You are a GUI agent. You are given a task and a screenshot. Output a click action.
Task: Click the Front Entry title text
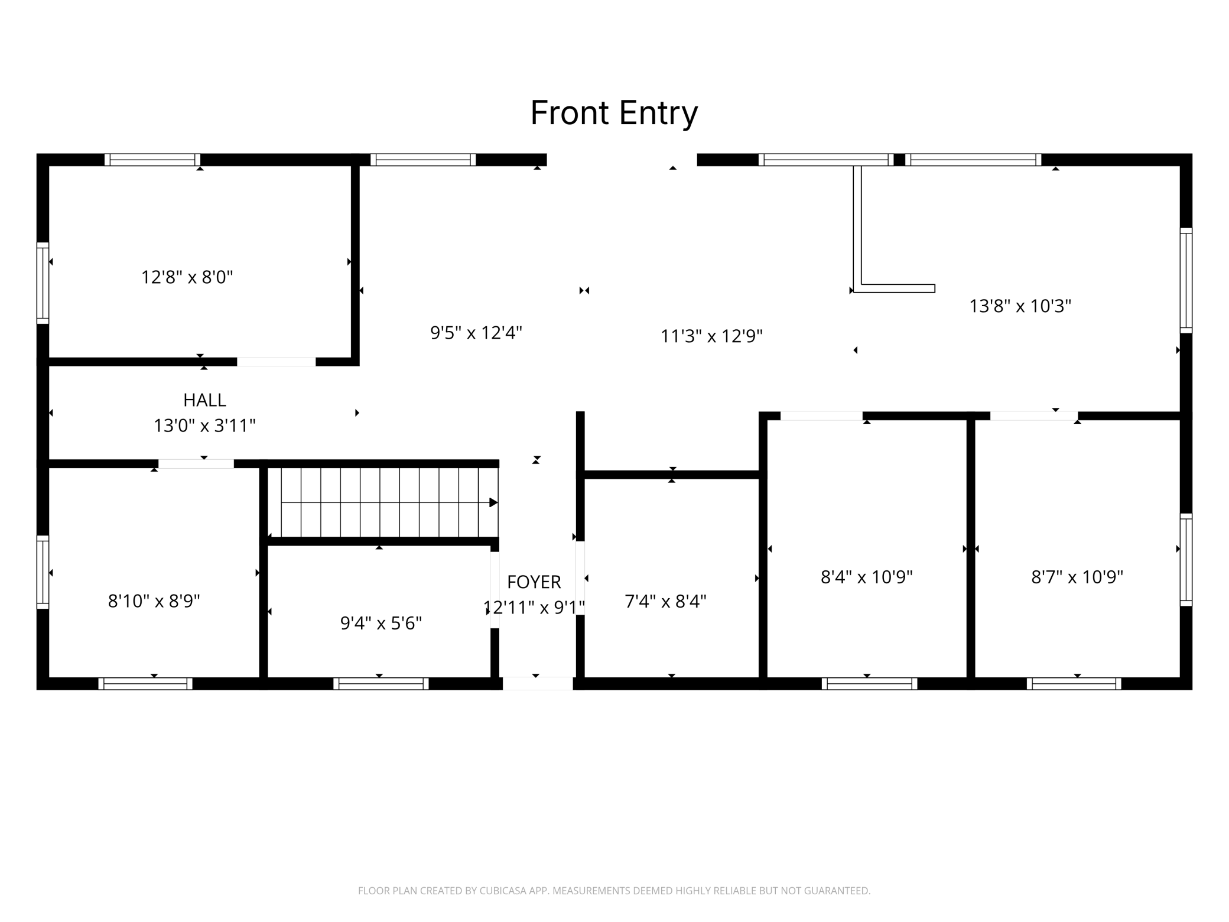point(614,113)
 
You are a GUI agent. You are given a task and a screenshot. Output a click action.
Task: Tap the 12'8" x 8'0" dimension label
point(187,277)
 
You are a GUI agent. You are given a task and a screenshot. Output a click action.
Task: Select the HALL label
point(204,400)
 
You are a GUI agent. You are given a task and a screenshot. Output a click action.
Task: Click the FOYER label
point(534,582)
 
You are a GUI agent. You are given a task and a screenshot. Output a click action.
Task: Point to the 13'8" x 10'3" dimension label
point(1020,306)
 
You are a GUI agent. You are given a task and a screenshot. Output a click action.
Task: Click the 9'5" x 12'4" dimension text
point(476,333)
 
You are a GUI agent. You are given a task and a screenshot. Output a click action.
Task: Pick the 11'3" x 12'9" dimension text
point(711,336)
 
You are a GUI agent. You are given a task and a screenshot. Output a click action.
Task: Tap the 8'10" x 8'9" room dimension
point(154,601)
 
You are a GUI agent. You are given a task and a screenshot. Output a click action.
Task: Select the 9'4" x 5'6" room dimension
point(381,623)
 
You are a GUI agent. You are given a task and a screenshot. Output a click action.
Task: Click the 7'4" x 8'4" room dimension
point(666,601)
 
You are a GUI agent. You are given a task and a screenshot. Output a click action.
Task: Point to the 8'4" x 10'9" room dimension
point(867,577)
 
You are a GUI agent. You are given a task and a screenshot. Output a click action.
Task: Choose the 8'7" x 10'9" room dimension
point(1077,577)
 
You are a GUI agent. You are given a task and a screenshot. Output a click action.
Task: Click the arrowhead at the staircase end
point(493,503)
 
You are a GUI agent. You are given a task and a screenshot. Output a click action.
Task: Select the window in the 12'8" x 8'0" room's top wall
point(152,160)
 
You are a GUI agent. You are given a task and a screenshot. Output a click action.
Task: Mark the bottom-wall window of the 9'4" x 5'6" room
point(381,684)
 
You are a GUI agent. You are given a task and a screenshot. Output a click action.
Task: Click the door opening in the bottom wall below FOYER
point(538,684)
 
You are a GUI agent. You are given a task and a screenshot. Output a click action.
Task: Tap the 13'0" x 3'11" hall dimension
point(204,426)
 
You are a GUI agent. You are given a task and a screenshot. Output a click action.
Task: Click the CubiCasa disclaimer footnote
point(614,891)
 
